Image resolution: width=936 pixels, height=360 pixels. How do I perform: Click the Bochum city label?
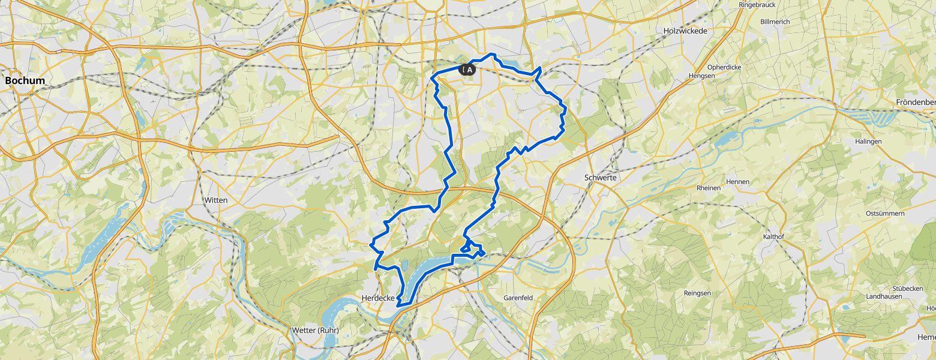click(25, 80)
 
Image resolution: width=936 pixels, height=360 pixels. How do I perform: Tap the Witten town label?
click(216, 200)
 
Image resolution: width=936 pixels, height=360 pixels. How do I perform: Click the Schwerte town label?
click(601, 178)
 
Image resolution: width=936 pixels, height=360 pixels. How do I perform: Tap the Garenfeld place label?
click(518, 297)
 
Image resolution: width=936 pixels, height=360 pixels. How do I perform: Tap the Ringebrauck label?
click(757, 4)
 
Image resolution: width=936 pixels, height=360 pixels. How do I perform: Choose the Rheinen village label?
click(709, 188)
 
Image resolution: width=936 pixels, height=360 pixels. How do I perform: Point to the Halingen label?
click(868, 141)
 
